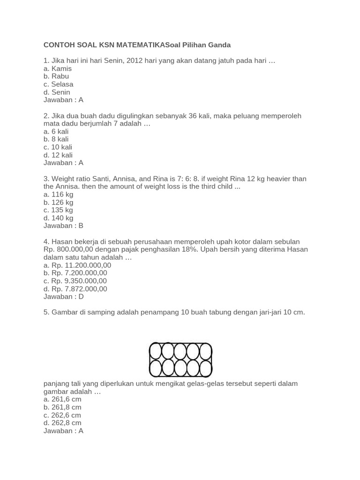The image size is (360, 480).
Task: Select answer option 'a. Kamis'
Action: (58, 68)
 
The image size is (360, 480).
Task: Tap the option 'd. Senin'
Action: (57, 92)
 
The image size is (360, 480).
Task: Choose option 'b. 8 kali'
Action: (56, 139)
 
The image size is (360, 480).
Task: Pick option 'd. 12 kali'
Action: (58, 155)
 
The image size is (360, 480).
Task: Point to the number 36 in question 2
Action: (195, 116)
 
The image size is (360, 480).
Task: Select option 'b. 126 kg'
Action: (59, 202)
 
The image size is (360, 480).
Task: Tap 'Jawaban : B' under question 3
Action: (63, 226)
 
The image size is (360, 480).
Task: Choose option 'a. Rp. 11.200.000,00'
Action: (77, 265)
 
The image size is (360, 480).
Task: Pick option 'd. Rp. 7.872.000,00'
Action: (75, 289)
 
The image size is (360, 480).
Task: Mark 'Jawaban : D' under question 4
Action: (64, 297)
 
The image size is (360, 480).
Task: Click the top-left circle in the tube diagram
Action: (156, 351)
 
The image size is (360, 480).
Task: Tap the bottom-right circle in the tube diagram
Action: (205, 368)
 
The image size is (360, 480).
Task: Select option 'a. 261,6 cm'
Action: (62, 399)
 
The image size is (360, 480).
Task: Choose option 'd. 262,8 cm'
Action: (62, 423)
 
